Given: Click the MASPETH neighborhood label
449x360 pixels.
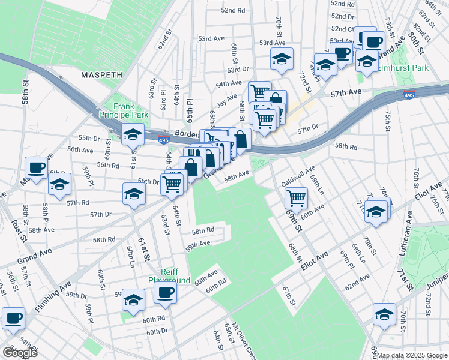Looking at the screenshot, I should tap(102, 76).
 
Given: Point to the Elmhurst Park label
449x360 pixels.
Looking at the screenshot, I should tap(403, 68).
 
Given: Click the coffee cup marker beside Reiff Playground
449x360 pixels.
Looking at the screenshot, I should tap(165, 293).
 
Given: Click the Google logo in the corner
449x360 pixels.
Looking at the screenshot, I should tap(20, 353).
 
